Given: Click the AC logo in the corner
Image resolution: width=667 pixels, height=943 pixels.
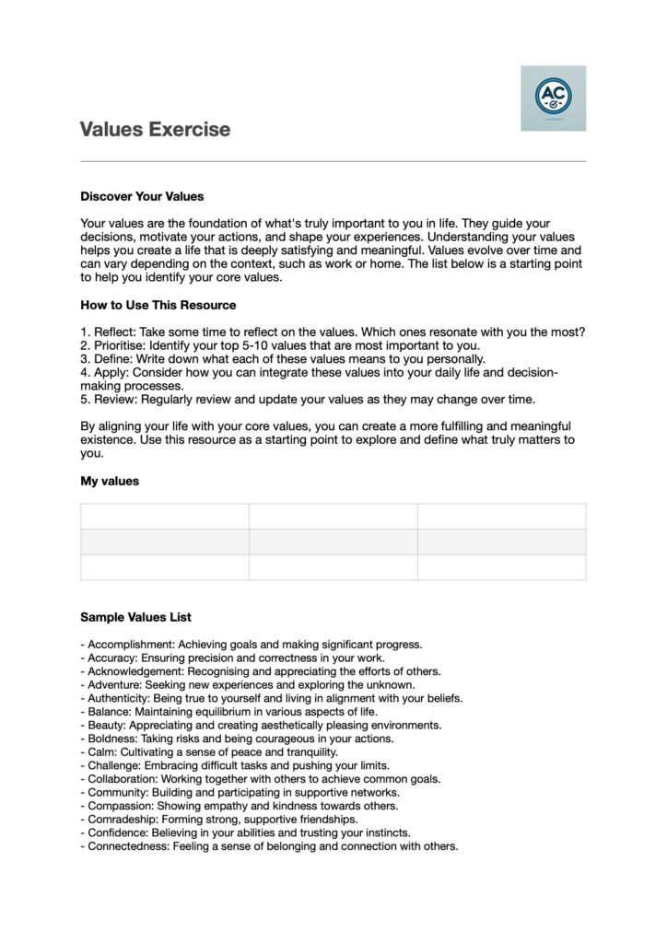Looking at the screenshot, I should click(553, 98).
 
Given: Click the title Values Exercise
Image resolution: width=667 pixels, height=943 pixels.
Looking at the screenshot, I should click(155, 129).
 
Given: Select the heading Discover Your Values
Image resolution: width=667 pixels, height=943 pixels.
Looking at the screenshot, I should click(142, 196).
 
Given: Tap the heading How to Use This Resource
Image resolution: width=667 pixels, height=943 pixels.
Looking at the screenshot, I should click(158, 305).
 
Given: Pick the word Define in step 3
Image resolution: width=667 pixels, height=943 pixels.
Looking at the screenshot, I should click(111, 359).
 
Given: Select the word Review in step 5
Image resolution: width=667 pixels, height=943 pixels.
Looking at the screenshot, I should click(113, 399).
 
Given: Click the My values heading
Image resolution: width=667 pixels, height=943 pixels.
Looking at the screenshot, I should click(110, 481).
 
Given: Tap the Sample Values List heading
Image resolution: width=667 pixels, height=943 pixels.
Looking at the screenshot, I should click(135, 617).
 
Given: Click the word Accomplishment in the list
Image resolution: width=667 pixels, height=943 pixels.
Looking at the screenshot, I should click(130, 645).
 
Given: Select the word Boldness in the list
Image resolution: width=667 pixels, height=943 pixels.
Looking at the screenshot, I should click(111, 739).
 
